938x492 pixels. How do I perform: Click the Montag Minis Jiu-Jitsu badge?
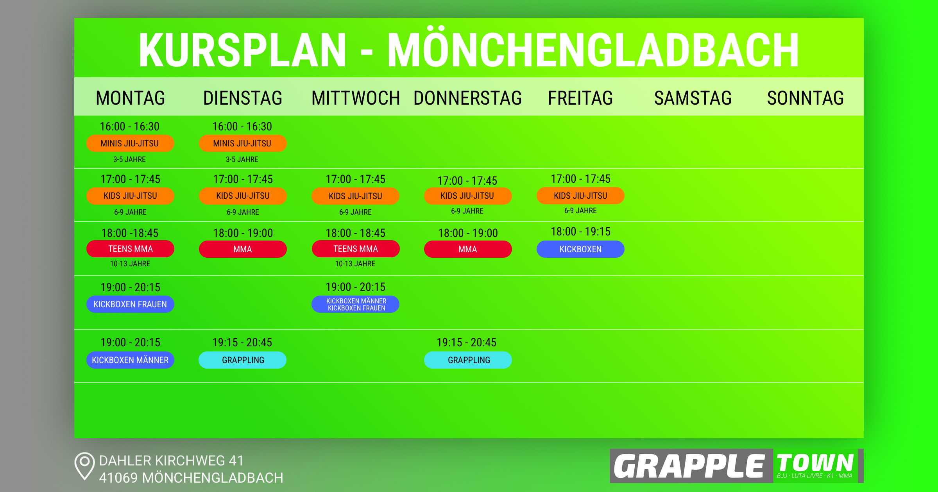tap(130, 143)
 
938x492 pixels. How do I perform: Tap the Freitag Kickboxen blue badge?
tap(580, 249)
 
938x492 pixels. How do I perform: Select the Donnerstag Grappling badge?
tap(468, 360)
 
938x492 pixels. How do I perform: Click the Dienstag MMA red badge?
tap(243, 249)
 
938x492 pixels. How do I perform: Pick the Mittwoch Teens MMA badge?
tap(356, 249)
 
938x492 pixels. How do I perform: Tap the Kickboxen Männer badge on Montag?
tap(130, 360)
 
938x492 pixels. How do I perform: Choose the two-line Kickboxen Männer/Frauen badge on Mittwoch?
tap(356, 304)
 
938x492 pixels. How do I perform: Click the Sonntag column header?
tap(805, 98)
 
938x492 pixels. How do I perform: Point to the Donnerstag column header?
tap(467, 98)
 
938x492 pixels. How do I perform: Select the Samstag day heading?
tap(693, 98)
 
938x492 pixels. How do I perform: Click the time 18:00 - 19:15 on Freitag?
tap(580, 232)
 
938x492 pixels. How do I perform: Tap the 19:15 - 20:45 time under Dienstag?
tap(242, 342)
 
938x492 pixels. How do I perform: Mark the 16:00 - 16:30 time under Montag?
tap(130, 127)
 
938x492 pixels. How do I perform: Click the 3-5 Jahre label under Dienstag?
tap(242, 159)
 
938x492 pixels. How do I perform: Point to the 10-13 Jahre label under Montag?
tap(130, 264)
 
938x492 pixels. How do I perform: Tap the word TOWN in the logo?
tap(815, 463)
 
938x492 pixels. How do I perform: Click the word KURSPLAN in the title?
tap(242, 50)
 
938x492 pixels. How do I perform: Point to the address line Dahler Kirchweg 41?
tap(171, 461)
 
